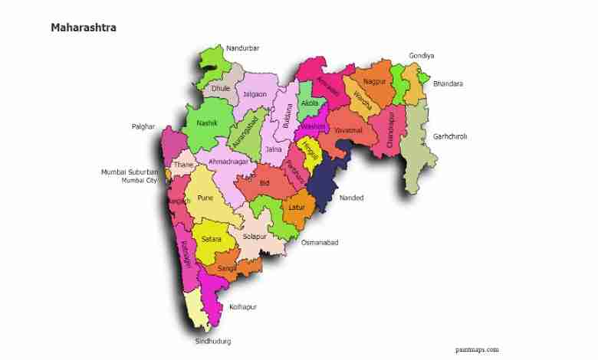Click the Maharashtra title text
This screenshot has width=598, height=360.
pos(84,28)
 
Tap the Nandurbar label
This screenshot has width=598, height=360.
pos(242,48)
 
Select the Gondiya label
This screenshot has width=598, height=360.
pos(422,56)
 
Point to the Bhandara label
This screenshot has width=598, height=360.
pos(448,83)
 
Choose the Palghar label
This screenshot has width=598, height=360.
pos(143,126)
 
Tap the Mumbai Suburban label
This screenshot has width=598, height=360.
pos(130,172)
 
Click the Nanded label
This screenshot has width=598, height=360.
pos(352,198)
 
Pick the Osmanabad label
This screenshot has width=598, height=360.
pos(319,242)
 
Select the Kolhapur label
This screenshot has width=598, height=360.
pos(242,306)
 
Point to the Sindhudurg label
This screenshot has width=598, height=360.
pos(212,341)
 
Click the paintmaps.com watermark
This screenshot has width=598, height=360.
pos(476,349)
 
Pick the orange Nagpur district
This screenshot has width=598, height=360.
pos(374,80)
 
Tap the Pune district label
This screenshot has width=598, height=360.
pos(205,198)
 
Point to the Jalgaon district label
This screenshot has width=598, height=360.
pos(255,94)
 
